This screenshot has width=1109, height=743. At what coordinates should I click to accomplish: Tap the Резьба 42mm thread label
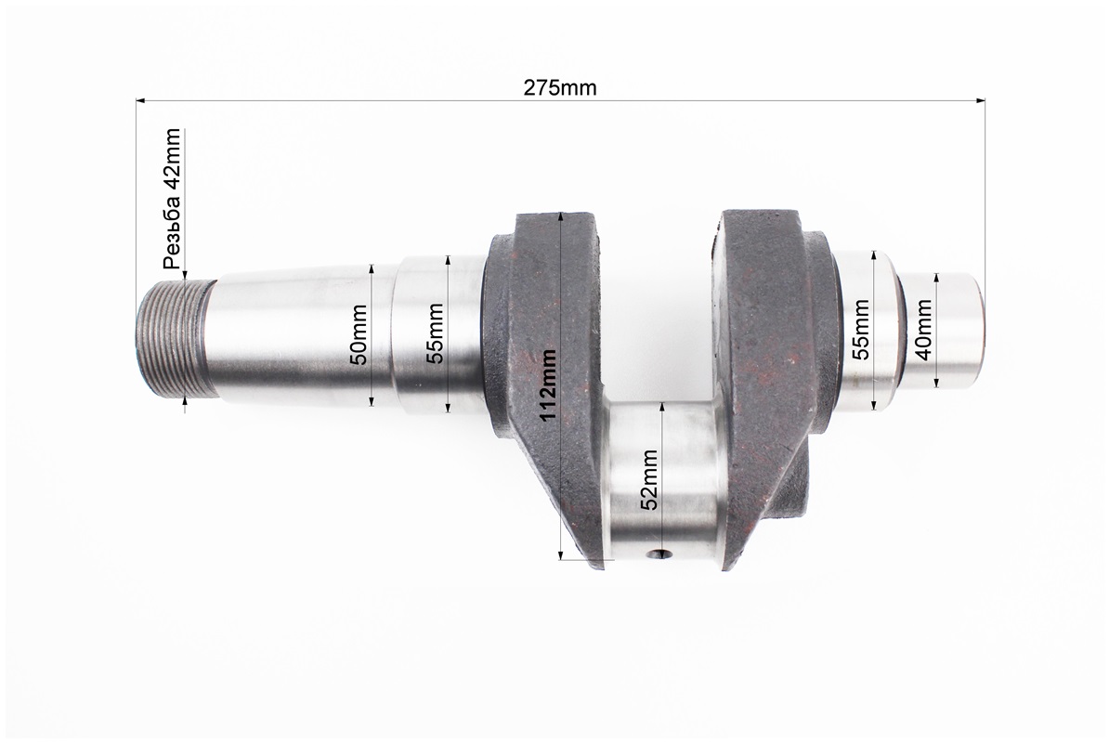coord(173,199)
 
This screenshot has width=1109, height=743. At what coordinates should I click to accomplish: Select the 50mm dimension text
coord(359,335)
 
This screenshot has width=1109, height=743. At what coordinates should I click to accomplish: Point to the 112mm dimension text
coord(550,385)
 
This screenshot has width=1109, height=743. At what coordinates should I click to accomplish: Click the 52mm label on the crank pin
coord(649,478)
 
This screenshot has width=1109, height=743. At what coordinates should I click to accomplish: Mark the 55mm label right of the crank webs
coord(861,329)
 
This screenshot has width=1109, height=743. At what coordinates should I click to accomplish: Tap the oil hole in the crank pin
coord(660,554)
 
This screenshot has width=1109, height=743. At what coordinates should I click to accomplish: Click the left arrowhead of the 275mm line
coord(140,99)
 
